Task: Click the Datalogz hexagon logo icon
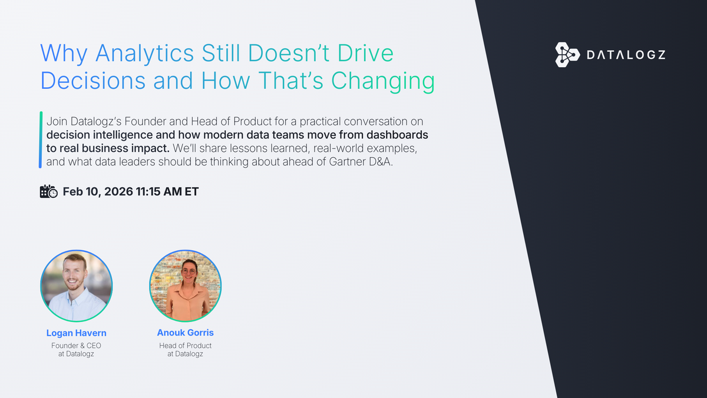pyautogui.click(x=568, y=55)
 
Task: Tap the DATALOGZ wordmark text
pyautogui.click(x=626, y=55)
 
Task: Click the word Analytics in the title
pyautogui.click(x=144, y=54)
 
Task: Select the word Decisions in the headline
pyautogui.click(x=94, y=81)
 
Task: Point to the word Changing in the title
pyautogui.click(x=385, y=81)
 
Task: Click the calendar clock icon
pyautogui.click(x=48, y=192)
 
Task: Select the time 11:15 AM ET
pyautogui.click(x=169, y=192)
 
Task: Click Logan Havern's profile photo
pyautogui.click(x=76, y=286)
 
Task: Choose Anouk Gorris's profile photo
pyautogui.click(x=186, y=286)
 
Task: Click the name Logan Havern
pyautogui.click(x=76, y=333)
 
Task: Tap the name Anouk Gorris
pyautogui.click(x=186, y=333)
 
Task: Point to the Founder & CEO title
pyautogui.click(x=76, y=346)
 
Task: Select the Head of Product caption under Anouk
pyautogui.click(x=186, y=346)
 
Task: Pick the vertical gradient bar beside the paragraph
pyautogui.click(x=41, y=140)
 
